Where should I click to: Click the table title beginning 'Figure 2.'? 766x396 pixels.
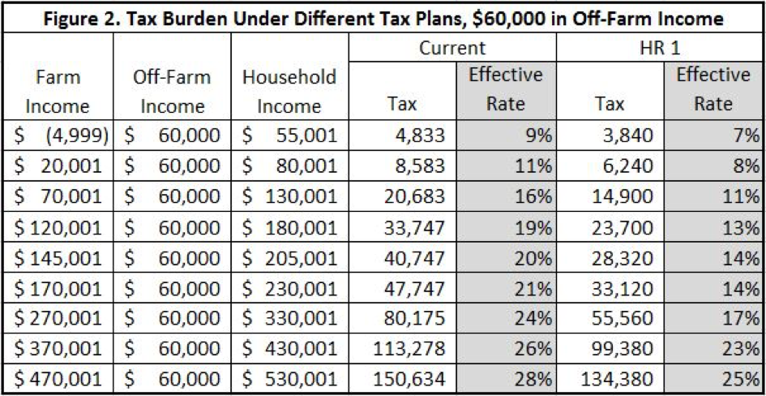383,17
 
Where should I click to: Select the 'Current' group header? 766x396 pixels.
451,48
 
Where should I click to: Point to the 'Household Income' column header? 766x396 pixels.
289,92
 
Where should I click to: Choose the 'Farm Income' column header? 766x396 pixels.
58,92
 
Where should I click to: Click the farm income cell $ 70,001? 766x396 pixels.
58,199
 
